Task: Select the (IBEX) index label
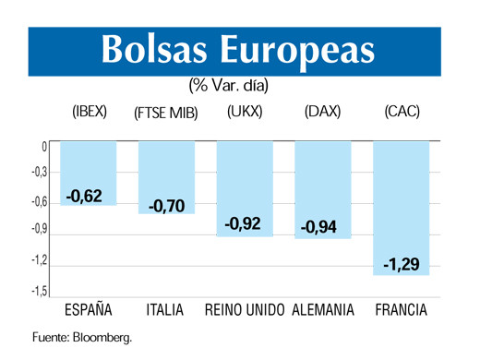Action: point(90,113)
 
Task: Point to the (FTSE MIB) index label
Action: point(166,114)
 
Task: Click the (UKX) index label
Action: point(245,113)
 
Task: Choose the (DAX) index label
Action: point(322,113)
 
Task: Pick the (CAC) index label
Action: point(402,113)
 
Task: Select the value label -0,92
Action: point(245,223)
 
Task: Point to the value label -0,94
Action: point(322,226)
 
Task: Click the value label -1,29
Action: point(402,264)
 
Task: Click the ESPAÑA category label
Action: point(87,309)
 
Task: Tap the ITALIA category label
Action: point(166,309)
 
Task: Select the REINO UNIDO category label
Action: point(245,309)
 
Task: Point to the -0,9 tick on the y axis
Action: point(39,231)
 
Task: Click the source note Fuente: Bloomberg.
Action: point(82,337)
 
